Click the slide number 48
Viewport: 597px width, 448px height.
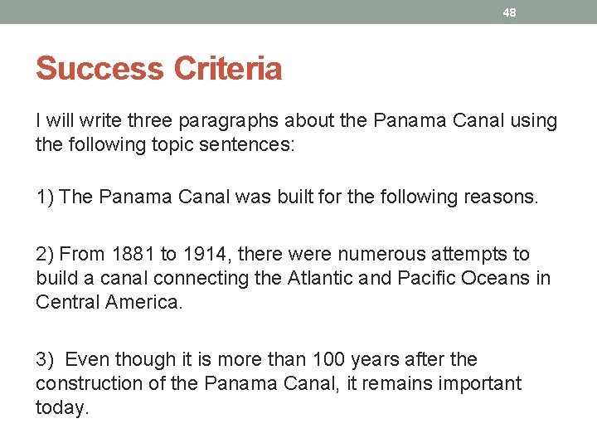tap(510, 12)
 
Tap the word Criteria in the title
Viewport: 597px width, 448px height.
tap(227, 68)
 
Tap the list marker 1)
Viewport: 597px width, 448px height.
tap(46, 197)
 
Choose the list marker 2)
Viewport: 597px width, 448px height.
tap(46, 254)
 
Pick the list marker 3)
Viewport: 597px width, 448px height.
tap(46, 359)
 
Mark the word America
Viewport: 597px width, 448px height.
tap(142, 300)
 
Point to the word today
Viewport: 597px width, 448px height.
tap(61, 407)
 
